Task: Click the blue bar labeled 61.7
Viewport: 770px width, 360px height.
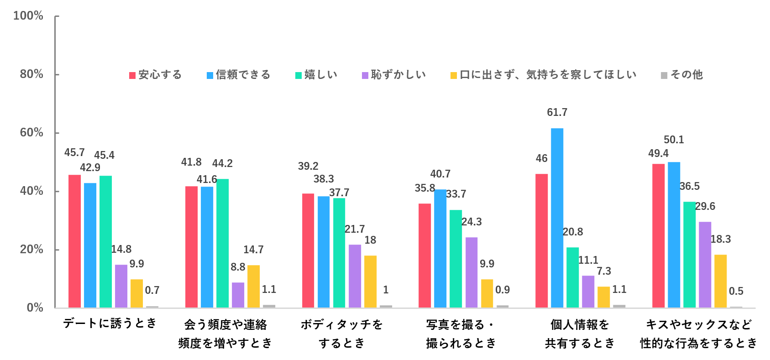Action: click(557, 218)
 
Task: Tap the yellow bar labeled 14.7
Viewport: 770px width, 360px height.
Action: click(253, 286)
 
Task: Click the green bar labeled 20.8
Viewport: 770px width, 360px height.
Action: click(572, 277)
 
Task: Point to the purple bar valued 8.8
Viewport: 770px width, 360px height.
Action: click(238, 295)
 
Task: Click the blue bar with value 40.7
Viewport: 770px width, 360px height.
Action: click(440, 248)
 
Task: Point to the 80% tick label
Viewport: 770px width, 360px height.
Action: click(31, 74)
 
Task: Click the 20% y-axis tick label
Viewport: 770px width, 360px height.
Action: click(31, 249)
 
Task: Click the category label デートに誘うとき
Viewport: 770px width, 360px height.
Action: click(110, 323)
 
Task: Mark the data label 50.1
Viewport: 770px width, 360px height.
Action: click(674, 140)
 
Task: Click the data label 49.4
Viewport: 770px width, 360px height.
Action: click(658, 153)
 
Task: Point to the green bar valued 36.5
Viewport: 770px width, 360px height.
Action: click(689, 255)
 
